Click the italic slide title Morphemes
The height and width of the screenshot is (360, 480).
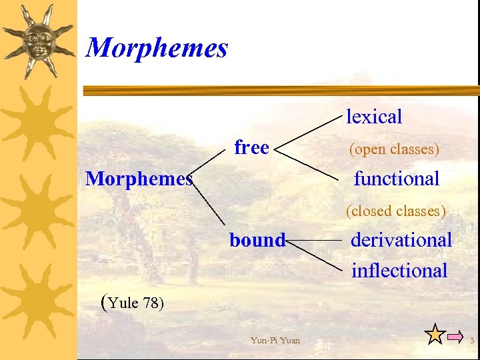[x=157, y=48]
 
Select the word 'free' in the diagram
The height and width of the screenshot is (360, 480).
[x=251, y=147]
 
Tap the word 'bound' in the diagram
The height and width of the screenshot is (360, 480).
[x=257, y=240]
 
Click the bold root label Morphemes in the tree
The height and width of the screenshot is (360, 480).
[x=139, y=179]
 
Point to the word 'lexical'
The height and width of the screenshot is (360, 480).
[x=374, y=117]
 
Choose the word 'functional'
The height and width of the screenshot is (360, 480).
[x=396, y=179]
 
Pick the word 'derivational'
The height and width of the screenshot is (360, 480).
[x=401, y=240]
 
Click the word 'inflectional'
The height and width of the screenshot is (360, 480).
[x=399, y=271]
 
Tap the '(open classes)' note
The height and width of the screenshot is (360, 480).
[x=394, y=149]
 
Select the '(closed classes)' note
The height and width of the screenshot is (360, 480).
[x=395, y=211]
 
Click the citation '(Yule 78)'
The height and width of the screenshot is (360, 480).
[x=131, y=303]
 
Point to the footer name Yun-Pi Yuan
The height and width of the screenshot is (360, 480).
[x=275, y=341]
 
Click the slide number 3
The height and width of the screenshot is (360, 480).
[x=472, y=341]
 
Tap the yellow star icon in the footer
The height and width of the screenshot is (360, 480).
[x=435, y=335]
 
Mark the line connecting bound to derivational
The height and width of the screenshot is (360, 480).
[x=313, y=239]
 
